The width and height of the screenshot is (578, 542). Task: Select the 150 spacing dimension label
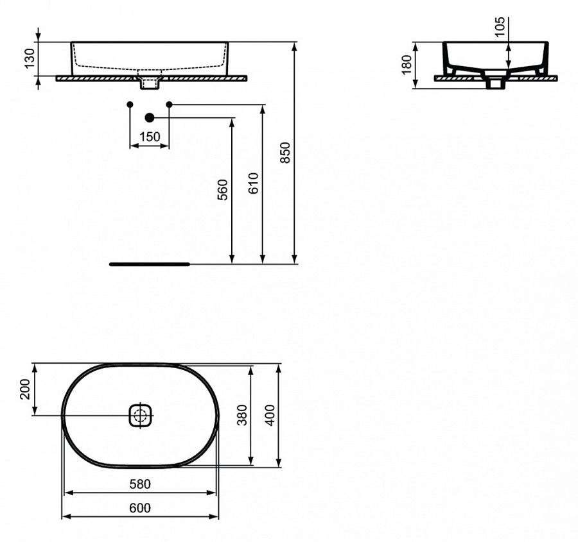(150, 137)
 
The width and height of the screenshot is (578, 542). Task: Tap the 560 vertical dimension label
(222, 190)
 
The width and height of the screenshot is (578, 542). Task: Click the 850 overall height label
(286, 152)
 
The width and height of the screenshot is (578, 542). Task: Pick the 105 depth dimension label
(502, 27)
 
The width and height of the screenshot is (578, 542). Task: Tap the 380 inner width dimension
(241, 415)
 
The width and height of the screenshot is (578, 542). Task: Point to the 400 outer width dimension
(270, 415)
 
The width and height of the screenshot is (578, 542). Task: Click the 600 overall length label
(140, 508)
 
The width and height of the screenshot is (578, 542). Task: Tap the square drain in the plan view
(140, 414)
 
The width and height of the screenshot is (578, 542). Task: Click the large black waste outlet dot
(150, 117)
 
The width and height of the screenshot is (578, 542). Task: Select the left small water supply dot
(130, 104)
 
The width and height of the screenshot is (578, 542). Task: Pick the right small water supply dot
(169, 104)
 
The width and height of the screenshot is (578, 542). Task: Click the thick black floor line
(149, 264)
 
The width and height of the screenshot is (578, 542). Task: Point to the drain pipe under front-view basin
(149, 82)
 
